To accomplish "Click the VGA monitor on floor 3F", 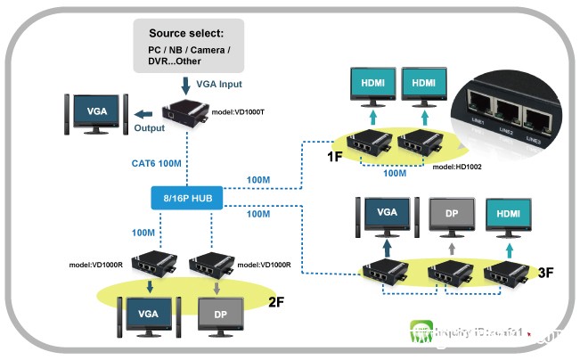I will (387, 215).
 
